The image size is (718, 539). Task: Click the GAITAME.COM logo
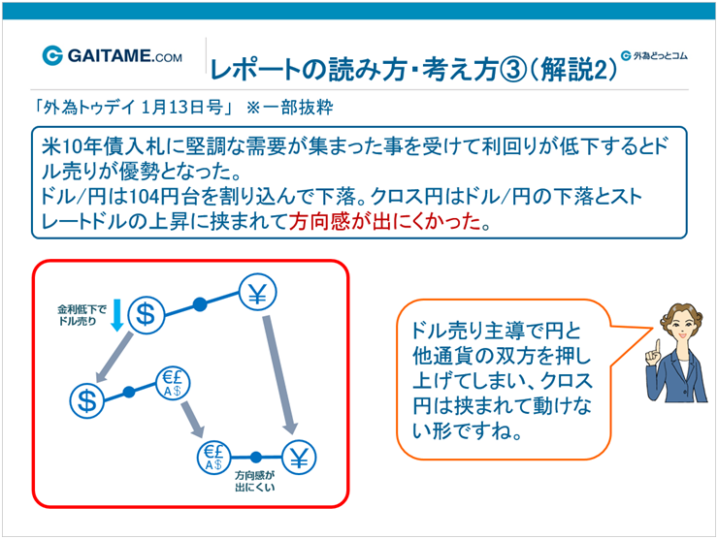[x=113, y=56]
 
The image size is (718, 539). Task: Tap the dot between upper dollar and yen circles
[x=201, y=304]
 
